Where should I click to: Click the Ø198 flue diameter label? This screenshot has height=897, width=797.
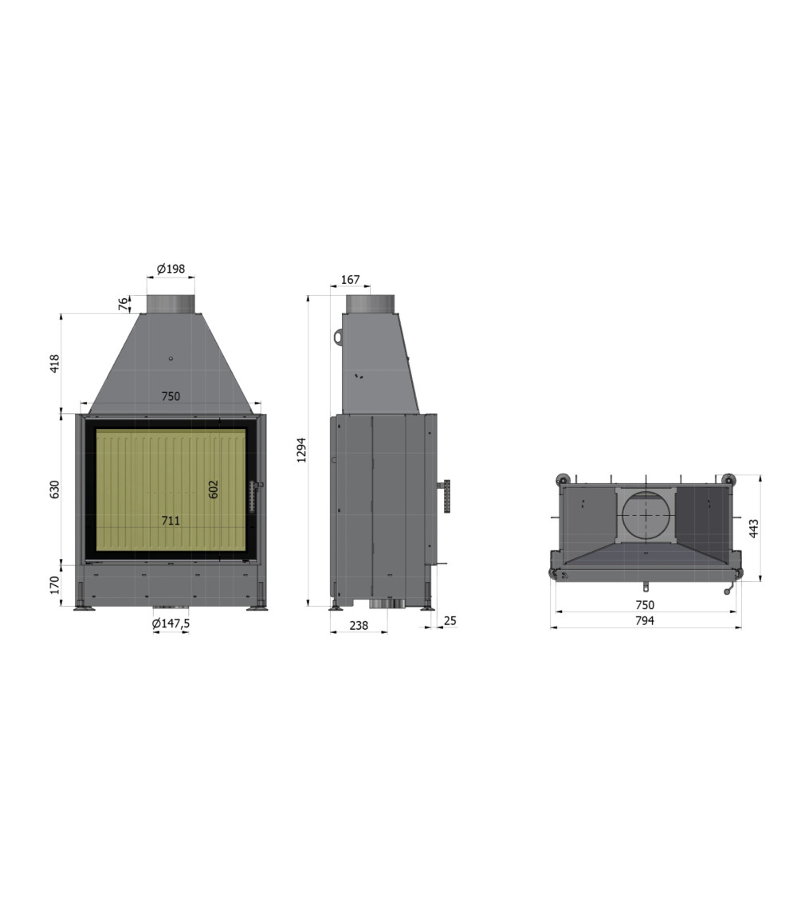[171, 268]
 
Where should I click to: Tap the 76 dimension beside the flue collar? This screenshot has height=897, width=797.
[124, 304]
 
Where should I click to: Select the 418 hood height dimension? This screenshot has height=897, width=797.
[55, 364]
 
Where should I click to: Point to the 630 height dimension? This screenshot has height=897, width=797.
[55, 489]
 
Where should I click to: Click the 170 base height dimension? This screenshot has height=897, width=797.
[55, 584]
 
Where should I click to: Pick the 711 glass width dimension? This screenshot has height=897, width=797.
[171, 520]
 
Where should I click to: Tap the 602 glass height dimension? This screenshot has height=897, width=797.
[214, 489]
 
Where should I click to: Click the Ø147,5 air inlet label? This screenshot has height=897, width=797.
[171, 624]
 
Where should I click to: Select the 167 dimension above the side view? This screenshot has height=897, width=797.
[350, 279]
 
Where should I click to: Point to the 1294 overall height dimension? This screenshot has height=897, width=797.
[302, 450]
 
